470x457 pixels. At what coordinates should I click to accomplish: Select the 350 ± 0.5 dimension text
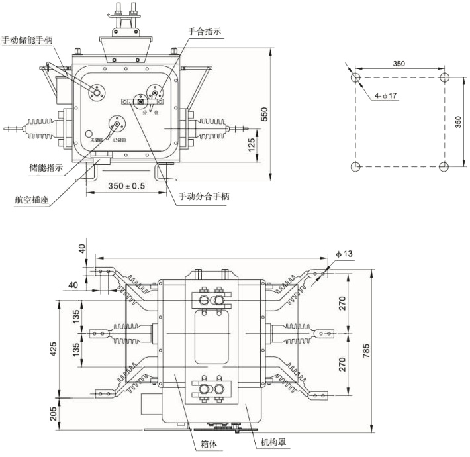pyautogui.click(x=126, y=186)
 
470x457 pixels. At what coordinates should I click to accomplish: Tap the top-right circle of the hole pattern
pyautogui.click(x=444, y=77)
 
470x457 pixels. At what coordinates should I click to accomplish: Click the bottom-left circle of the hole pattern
pyautogui.click(x=355, y=166)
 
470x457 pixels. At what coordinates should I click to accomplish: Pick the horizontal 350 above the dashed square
pyautogui.click(x=399, y=64)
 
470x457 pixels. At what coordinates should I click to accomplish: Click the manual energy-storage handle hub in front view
pyautogui.click(x=98, y=93)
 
